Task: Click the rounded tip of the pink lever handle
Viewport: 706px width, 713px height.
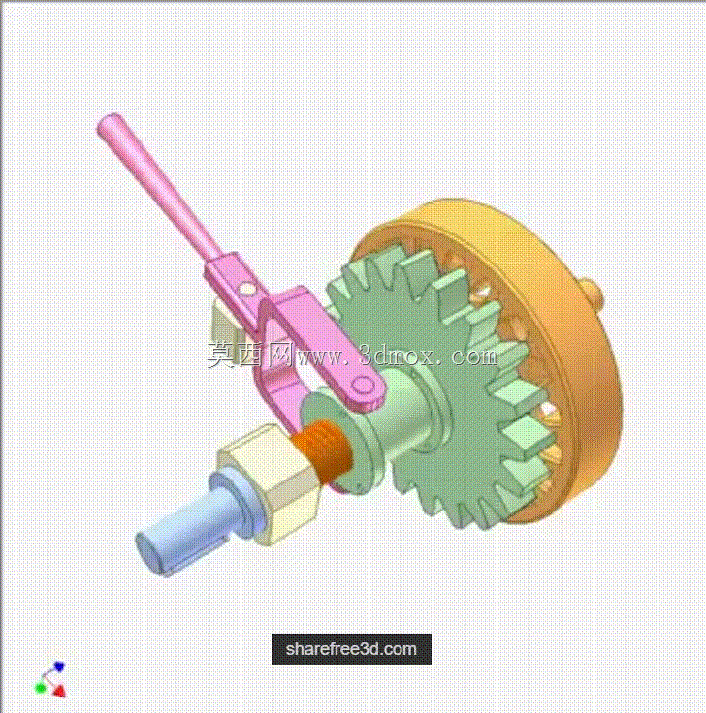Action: click(x=109, y=124)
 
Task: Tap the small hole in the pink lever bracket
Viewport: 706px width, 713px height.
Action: click(x=246, y=289)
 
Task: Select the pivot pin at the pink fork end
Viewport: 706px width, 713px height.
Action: click(x=364, y=386)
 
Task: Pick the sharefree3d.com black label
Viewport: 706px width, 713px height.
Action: click(x=351, y=649)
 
